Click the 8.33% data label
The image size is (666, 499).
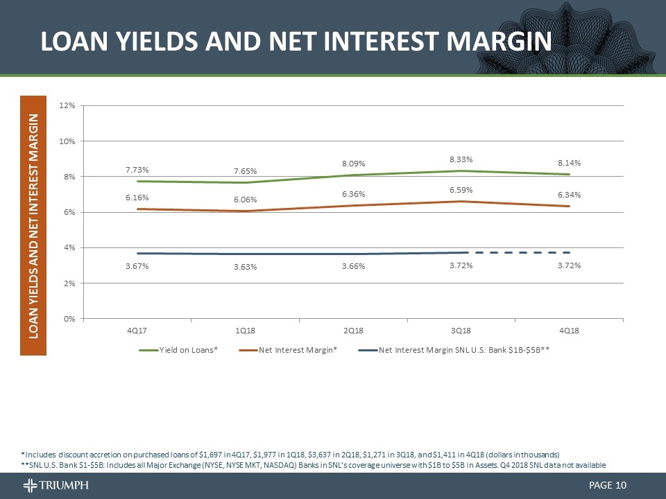(461, 159)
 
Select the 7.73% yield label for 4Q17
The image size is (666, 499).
(137, 169)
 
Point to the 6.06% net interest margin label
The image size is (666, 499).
(245, 200)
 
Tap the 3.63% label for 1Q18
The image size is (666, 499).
(245, 268)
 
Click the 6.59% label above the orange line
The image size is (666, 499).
(461, 189)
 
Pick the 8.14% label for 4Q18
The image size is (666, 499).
(569, 163)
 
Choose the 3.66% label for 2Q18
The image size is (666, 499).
(353, 266)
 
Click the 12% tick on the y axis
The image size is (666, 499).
(67, 105)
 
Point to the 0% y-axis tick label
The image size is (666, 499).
(69, 319)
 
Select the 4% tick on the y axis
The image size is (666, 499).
(69, 247)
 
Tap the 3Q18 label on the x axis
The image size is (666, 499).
(461, 331)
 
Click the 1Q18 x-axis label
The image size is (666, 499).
(245, 331)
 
